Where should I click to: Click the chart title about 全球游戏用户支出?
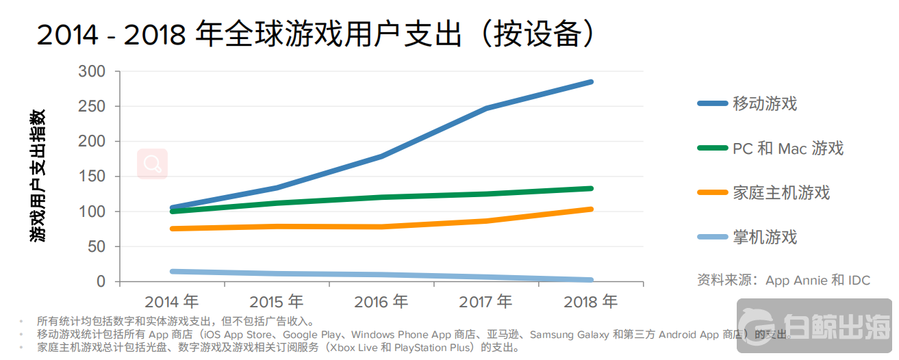point(315,34)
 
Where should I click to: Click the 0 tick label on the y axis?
point(101,281)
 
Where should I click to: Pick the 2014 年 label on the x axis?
point(171,301)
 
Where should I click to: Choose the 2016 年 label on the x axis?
point(381,301)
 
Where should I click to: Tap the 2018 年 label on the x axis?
point(590,301)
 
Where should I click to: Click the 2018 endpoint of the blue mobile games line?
point(590,82)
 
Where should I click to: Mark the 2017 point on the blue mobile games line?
point(486,108)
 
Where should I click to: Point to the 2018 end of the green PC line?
point(590,188)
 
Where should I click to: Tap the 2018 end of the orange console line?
point(590,209)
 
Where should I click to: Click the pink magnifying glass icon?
point(152,164)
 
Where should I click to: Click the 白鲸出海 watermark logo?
point(815,329)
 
